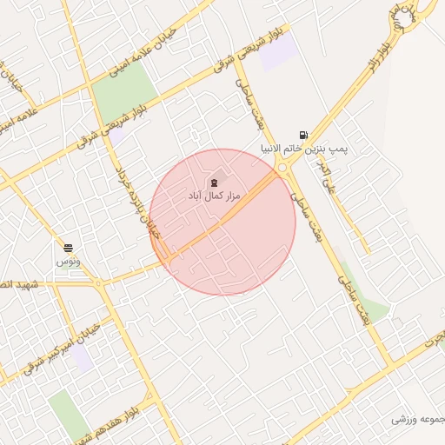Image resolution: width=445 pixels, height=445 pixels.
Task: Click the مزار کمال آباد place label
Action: tap(214, 198)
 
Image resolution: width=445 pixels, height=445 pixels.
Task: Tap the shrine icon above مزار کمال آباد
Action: tap(214, 183)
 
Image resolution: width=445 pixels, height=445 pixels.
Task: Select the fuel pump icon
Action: tap(302, 135)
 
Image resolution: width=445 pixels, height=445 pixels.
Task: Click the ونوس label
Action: tap(68, 262)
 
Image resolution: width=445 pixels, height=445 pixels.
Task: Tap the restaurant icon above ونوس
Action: tap(68, 249)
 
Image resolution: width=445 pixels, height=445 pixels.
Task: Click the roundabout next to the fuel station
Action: tap(283, 169)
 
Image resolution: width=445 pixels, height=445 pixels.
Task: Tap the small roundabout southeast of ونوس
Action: tap(98, 283)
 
